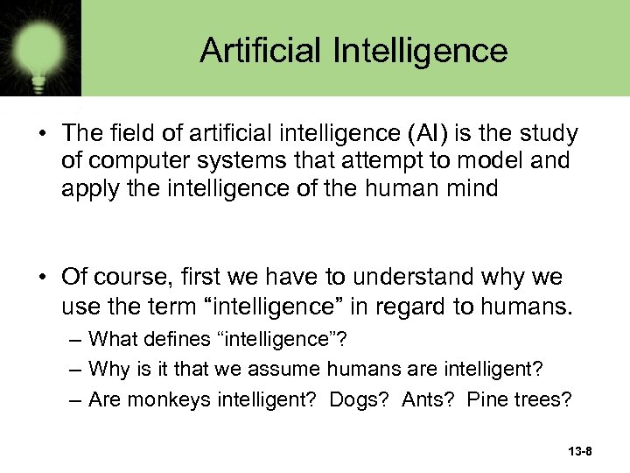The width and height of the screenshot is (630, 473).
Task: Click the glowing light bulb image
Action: tap(38, 44)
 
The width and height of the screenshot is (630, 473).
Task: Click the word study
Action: tap(551, 134)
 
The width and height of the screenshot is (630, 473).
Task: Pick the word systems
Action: tap(224, 161)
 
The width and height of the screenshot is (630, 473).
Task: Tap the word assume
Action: tap(283, 369)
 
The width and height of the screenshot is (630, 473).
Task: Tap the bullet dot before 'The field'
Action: tap(42, 134)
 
